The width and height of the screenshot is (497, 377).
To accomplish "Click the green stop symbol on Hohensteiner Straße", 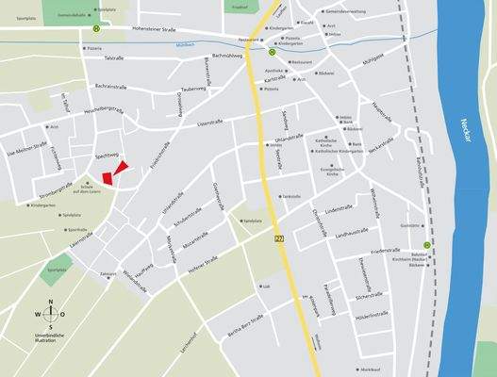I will (96, 28).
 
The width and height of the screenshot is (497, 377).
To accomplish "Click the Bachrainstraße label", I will (110, 86).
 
